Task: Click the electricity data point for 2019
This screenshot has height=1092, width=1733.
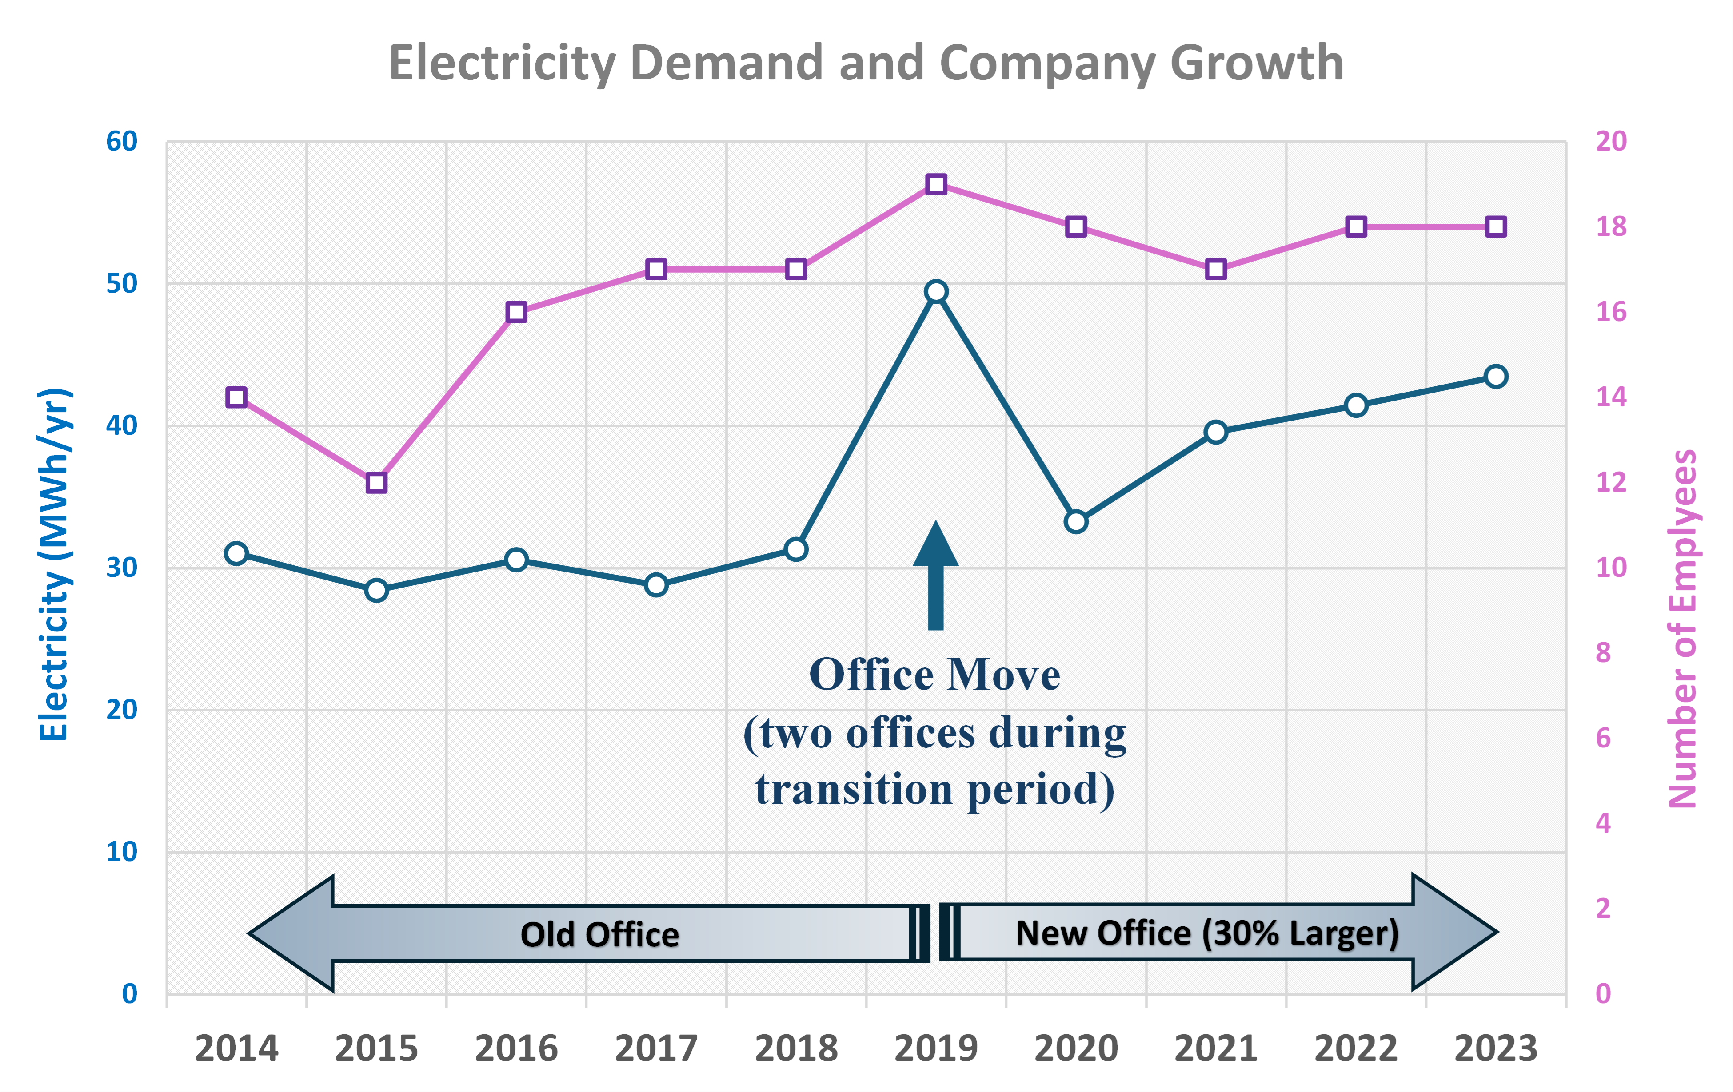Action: [x=935, y=291]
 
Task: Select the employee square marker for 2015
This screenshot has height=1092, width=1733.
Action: [x=376, y=483]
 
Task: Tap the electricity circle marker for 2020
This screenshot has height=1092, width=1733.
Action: [x=1076, y=521]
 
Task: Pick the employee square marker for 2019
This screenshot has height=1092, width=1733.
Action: [x=935, y=184]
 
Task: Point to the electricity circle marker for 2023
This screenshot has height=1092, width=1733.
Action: [x=1496, y=376]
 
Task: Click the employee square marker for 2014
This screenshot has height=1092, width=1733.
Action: [x=236, y=397]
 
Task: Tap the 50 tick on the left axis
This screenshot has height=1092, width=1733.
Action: [x=122, y=283]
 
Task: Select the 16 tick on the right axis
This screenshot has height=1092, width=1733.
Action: [x=1611, y=311]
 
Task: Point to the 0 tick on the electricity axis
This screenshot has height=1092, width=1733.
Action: [x=130, y=993]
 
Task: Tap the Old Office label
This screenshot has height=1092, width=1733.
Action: [x=599, y=934]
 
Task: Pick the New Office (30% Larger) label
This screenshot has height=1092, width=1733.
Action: [x=1207, y=933]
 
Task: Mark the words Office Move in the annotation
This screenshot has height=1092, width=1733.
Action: [x=934, y=675]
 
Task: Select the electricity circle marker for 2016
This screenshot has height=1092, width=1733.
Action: [x=516, y=560]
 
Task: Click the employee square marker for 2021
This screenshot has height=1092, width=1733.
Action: [x=1216, y=270]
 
